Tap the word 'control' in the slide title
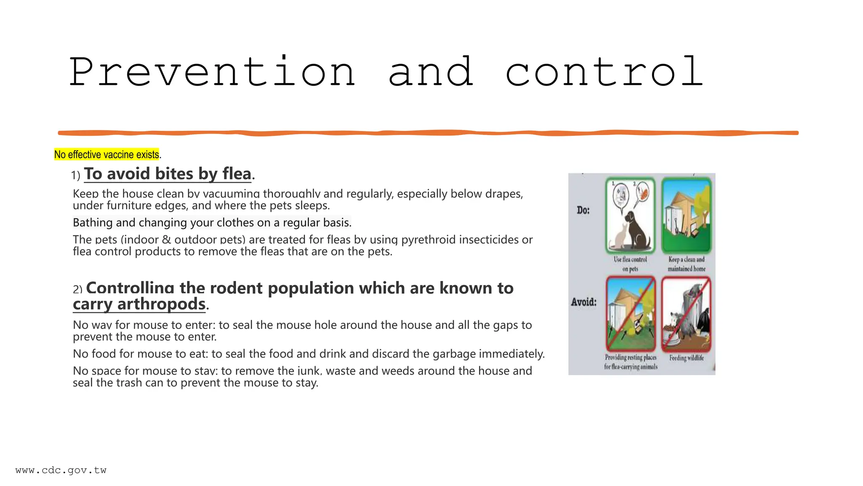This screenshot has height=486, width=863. pyautogui.click(x=604, y=72)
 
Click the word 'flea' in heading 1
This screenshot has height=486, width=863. pyautogui.click(x=237, y=174)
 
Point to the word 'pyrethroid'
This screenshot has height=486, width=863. pyautogui.click(x=428, y=240)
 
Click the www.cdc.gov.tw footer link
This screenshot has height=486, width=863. pyautogui.click(x=61, y=470)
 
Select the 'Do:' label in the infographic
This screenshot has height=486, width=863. pyautogui.click(x=583, y=210)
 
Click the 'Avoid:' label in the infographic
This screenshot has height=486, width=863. pyautogui.click(x=584, y=302)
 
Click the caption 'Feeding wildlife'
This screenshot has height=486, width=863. pyautogui.click(x=686, y=358)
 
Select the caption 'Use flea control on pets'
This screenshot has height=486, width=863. pyautogui.click(x=630, y=264)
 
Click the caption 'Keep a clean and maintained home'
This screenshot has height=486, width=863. pyautogui.click(x=686, y=264)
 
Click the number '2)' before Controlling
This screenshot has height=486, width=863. pyautogui.click(x=78, y=289)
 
